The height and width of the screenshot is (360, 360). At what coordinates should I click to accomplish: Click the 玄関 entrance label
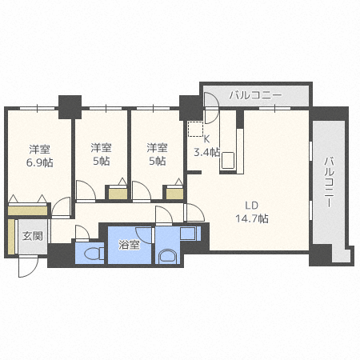32,236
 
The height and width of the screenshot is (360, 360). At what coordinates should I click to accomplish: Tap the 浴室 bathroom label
129,245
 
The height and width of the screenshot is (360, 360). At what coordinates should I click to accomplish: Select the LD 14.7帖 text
252,212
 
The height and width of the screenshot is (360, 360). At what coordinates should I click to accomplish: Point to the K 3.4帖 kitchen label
207,146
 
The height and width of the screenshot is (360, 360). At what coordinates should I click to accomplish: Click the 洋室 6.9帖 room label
39,156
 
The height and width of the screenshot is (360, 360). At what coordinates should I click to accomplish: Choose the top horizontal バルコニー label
255,95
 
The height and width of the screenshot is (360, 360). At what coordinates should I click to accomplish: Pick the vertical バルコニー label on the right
330,182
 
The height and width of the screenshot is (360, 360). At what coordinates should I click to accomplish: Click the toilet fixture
94,254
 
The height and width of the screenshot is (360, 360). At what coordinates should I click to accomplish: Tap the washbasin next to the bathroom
167,257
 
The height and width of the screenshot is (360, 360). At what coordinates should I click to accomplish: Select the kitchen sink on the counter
228,160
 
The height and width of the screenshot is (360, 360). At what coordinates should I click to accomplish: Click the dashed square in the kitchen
195,129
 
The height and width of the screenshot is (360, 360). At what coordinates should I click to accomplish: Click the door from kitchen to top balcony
211,107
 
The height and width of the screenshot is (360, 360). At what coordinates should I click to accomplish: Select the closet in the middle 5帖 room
118,194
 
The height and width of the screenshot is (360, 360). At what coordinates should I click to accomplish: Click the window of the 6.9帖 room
37,108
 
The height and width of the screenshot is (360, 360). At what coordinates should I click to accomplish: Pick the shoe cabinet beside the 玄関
11,237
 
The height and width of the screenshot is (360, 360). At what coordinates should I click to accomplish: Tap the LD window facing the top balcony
274,108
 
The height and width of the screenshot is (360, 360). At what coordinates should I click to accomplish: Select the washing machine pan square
188,234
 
